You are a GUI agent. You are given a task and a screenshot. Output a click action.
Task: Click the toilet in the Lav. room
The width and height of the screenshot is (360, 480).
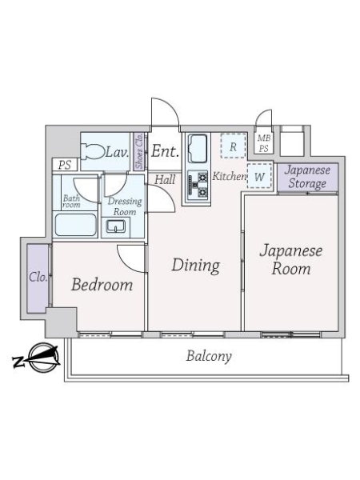(93, 151)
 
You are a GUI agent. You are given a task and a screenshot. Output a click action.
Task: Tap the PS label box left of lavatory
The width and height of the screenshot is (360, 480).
(65, 165)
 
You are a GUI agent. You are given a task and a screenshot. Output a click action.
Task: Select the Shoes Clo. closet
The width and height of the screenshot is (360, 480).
(139, 151)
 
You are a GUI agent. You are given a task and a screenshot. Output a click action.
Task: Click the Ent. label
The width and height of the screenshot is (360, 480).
(166, 151)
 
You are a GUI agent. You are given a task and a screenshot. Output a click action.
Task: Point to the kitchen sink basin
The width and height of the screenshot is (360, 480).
(198, 149)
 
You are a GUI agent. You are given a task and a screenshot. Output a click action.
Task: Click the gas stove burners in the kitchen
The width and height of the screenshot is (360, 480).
(198, 185)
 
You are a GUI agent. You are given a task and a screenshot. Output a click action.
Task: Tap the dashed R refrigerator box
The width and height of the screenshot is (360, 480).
(233, 146)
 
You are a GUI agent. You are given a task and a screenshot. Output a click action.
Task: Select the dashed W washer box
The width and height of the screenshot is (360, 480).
(259, 176)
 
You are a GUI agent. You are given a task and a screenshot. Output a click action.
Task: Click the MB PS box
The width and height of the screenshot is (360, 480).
(263, 143)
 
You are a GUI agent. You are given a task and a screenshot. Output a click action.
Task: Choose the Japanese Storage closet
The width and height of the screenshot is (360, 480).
(308, 178)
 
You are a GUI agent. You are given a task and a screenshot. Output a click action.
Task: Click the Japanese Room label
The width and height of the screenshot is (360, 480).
(291, 259)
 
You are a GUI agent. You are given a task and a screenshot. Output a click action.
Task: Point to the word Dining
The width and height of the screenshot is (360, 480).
(196, 266)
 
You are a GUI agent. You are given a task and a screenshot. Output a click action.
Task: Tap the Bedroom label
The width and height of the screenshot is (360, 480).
(102, 284)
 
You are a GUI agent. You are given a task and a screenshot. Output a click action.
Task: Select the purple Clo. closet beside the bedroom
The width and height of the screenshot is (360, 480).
(38, 278)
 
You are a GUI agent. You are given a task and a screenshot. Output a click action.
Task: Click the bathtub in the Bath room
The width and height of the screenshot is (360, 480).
(76, 225)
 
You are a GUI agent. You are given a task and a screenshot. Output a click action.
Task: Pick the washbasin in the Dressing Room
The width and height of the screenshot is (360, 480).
(115, 227)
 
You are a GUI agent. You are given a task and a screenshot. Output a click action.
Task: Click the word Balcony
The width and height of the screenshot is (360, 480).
(209, 356)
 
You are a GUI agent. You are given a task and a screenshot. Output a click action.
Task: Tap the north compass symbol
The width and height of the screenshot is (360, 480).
(40, 358)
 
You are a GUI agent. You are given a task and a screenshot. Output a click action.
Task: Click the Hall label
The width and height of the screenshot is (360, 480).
(165, 179)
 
